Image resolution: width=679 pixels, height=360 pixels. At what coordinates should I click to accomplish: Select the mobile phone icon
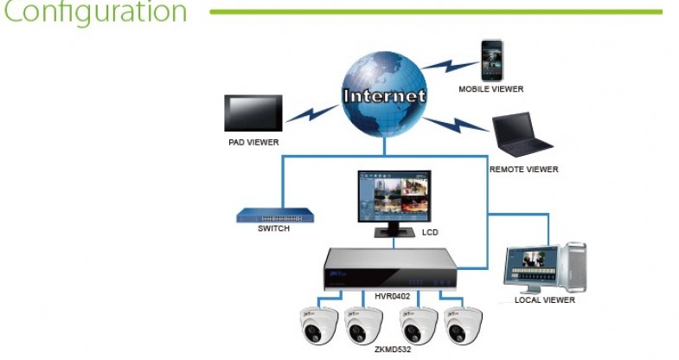pos(491,59)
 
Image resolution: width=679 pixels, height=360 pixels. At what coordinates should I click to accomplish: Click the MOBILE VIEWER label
pos(491,88)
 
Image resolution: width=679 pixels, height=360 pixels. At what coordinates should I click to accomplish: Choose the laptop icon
pos(521,137)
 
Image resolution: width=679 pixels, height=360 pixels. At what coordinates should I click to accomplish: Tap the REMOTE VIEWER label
pos(523,170)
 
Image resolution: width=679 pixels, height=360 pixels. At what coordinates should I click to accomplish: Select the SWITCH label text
pos(273,229)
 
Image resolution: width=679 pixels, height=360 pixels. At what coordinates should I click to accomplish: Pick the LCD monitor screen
pos(394,197)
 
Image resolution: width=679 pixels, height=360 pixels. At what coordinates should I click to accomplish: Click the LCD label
pos(431,233)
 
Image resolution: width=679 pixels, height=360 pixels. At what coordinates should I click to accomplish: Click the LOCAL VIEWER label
pos(545,300)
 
